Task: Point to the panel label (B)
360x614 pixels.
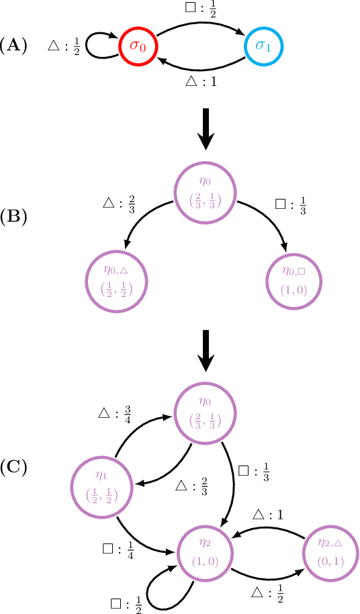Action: (14, 218)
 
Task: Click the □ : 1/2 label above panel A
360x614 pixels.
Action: (201, 10)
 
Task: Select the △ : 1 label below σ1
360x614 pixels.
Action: (201, 81)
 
